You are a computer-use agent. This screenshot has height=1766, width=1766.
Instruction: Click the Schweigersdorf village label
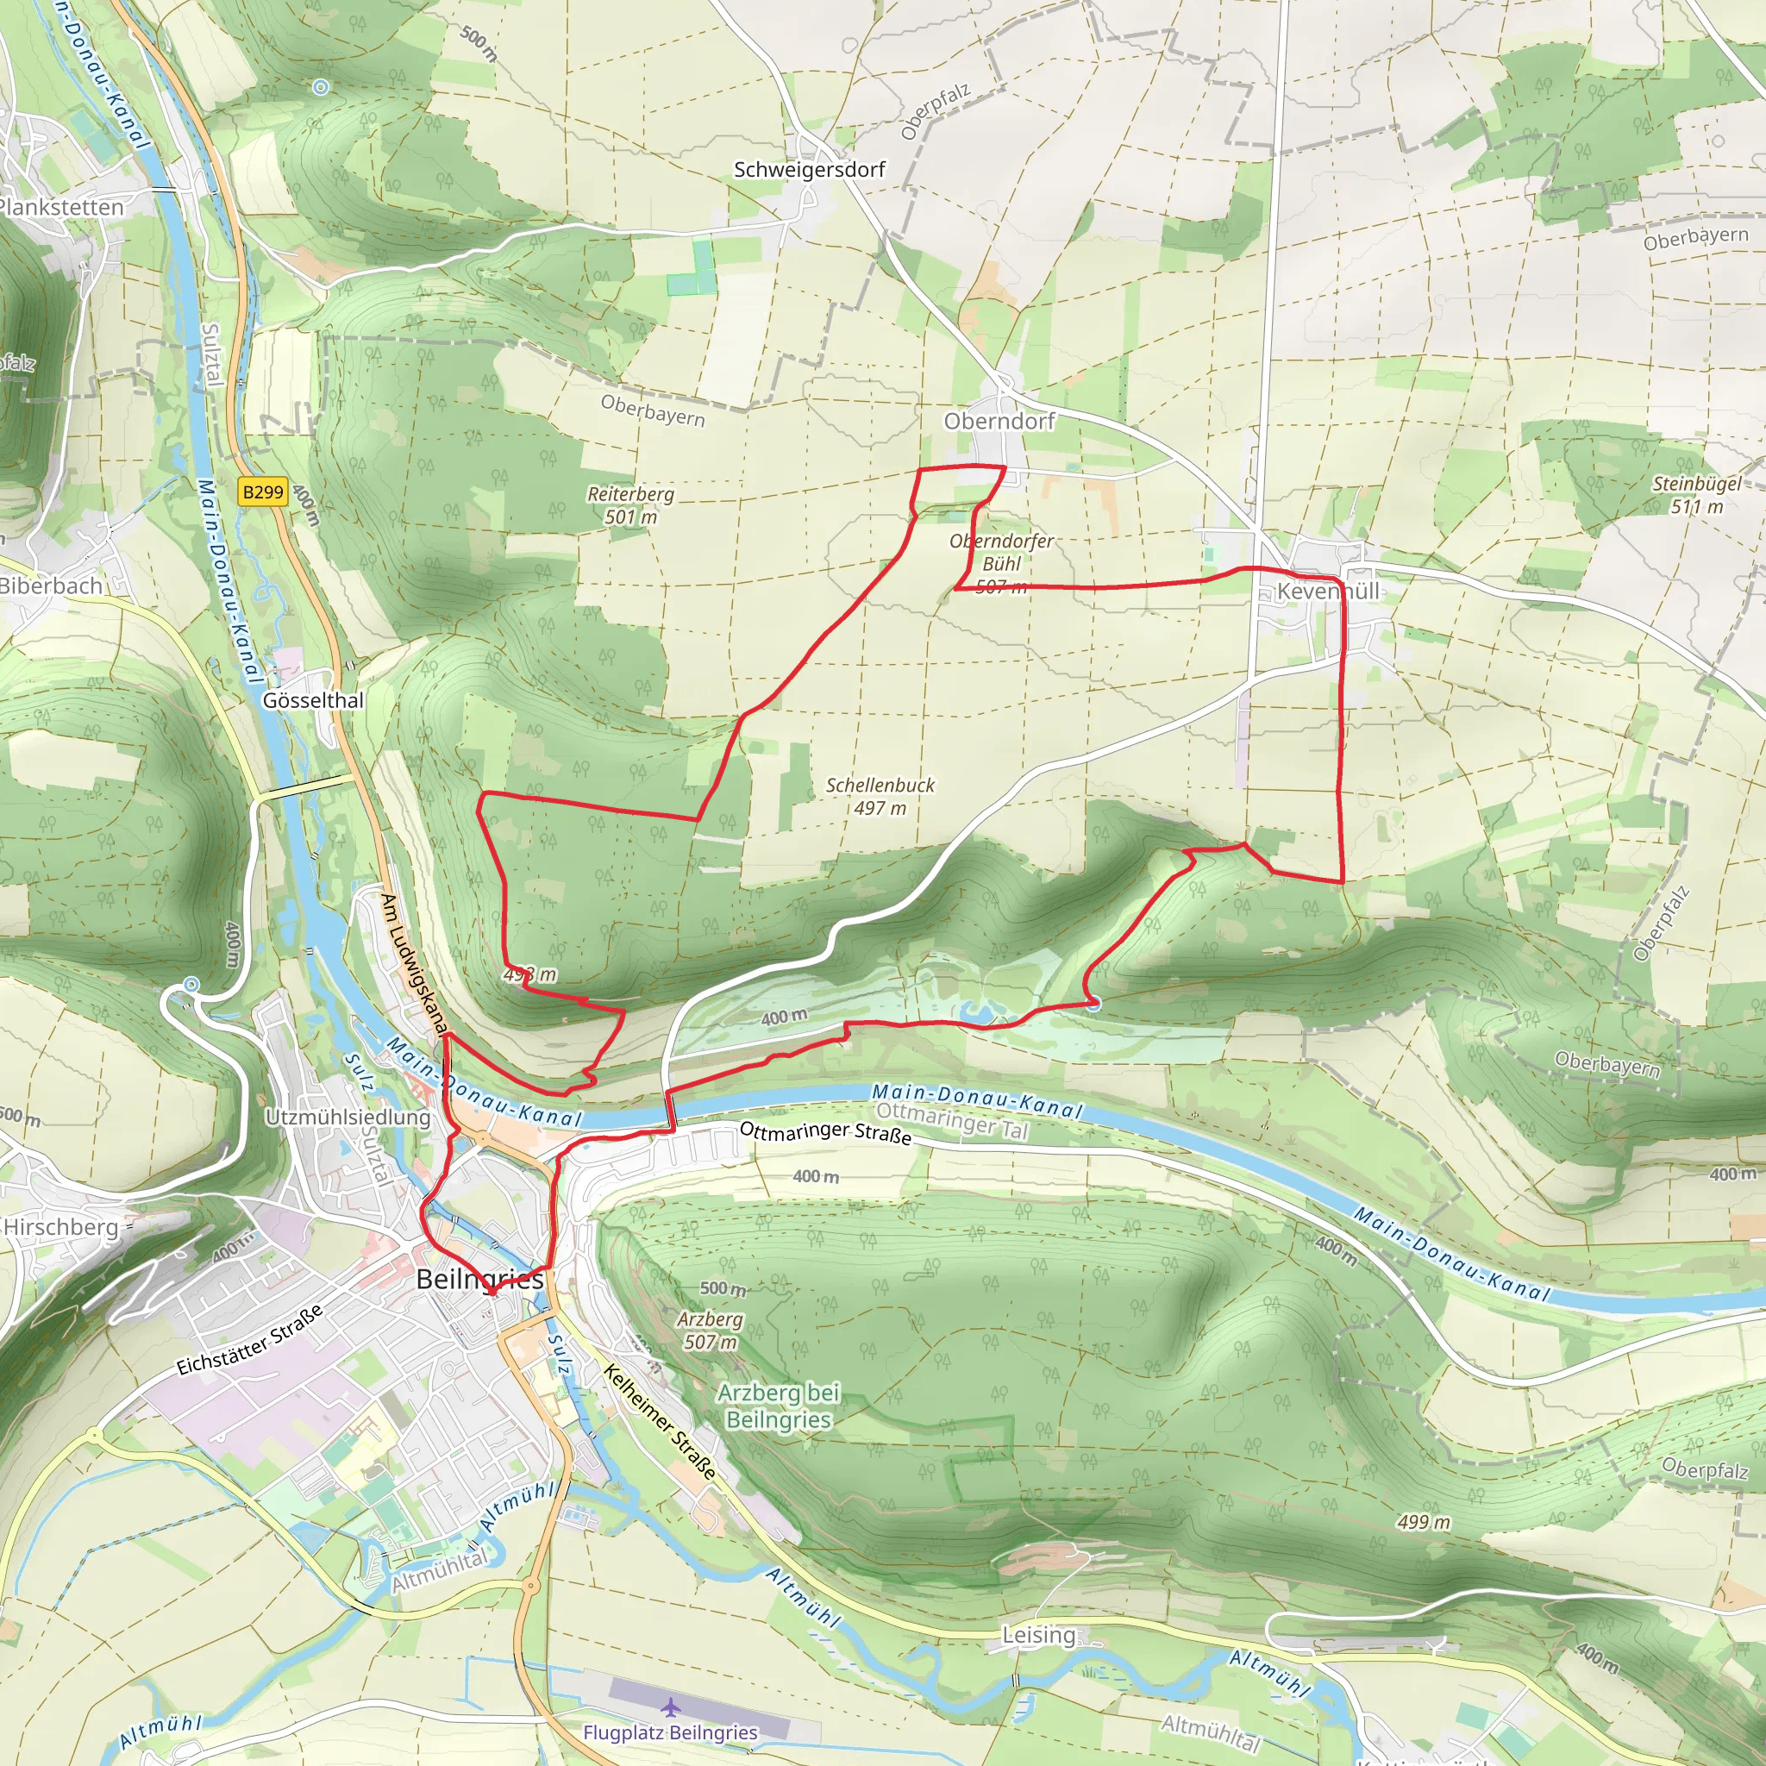tap(809, 169)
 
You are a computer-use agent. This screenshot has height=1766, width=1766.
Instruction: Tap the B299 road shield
tap(262, 492)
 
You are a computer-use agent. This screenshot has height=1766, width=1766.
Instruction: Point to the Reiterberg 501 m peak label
tap(629, 505)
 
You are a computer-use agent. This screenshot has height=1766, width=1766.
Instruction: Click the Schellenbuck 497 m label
tap(880, 796)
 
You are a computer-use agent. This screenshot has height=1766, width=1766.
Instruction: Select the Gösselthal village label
tap(313, 700)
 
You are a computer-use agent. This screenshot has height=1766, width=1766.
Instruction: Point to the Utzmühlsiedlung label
tap(348, 1117)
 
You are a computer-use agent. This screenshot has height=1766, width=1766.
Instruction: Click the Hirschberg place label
tap(61, 1227)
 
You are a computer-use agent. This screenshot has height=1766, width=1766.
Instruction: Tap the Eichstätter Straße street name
tap(249, 1340)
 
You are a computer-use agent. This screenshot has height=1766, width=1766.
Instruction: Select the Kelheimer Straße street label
tap(659, 1421)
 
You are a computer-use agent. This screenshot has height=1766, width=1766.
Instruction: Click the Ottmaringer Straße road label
tap(824, 1132)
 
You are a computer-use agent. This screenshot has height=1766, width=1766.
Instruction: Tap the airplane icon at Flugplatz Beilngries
tap(670, 1707)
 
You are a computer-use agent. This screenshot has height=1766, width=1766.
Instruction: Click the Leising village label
tap(1038, 1634)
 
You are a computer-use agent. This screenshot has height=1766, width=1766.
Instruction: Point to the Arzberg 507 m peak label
tap(711, 1330)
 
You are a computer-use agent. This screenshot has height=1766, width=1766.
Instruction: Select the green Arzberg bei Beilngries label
tap(778, 1406)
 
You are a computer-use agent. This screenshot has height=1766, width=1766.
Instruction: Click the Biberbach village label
tap(51, 586)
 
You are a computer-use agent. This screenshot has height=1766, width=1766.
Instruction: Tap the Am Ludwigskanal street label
tap(413, 963)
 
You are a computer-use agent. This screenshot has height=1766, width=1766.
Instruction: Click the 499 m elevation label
tap(1423, 1522)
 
